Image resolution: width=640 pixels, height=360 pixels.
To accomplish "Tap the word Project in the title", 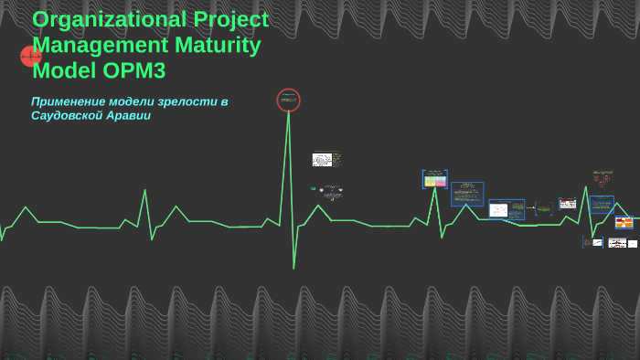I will tap(230, 19).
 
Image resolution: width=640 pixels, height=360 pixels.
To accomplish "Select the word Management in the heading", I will tap(98, 45).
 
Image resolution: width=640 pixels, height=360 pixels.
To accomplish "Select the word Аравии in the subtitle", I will tap(132, 116).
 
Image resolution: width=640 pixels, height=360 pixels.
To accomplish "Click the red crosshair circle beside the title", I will tap(31, 57).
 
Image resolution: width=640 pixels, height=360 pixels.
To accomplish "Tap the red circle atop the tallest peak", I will tap(288, 100).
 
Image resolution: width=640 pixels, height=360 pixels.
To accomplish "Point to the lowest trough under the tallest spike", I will tap(293, 267).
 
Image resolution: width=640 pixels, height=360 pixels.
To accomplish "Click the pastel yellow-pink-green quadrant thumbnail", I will tap(434, 179).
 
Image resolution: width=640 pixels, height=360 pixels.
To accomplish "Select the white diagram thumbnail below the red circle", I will tap(322, 160).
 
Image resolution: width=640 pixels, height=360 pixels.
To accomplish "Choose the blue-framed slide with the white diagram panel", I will tap(506, 210).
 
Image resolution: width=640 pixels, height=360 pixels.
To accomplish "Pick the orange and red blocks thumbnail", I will tap(624, 222).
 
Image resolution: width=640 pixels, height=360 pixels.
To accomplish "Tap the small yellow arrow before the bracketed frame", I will tap(529, 208).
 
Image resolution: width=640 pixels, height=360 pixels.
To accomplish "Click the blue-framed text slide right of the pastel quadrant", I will tap(467, 194).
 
